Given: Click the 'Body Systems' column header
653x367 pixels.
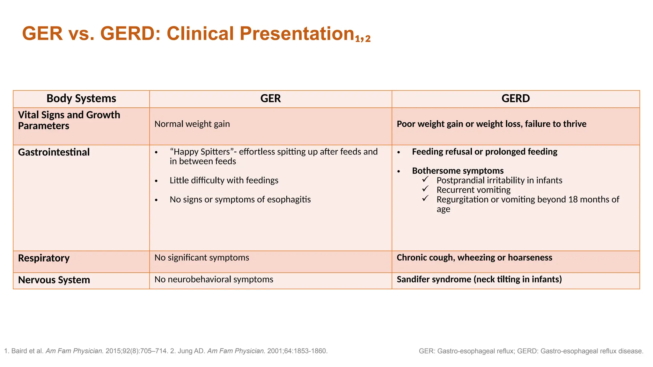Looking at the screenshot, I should (81, 98).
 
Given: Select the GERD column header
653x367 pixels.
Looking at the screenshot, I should (516, 98).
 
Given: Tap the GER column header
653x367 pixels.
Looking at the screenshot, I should (270, 98).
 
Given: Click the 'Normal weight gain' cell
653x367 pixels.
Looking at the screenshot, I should (192, 124).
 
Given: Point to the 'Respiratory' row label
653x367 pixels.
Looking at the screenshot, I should (44, 258).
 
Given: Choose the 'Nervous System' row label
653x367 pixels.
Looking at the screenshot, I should (54, 280).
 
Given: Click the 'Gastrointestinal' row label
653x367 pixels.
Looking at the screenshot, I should (54, 152).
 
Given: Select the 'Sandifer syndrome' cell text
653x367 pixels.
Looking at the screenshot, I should (479, 279).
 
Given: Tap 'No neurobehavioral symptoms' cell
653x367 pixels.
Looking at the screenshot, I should (214, 279).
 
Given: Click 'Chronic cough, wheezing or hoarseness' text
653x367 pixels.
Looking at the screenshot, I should (474, 257).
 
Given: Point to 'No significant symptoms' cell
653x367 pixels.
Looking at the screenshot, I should (202, 257).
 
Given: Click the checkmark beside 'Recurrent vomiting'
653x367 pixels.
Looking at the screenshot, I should (425, 189).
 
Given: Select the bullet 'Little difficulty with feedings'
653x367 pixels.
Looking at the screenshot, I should (224, 180).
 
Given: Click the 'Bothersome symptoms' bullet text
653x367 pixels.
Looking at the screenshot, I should (458, 171).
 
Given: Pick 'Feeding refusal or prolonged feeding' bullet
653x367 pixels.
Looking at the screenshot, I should (484, 152).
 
